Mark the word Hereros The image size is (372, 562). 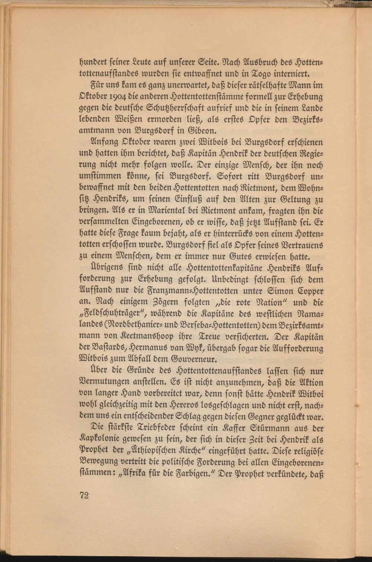(x=167, y=404)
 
